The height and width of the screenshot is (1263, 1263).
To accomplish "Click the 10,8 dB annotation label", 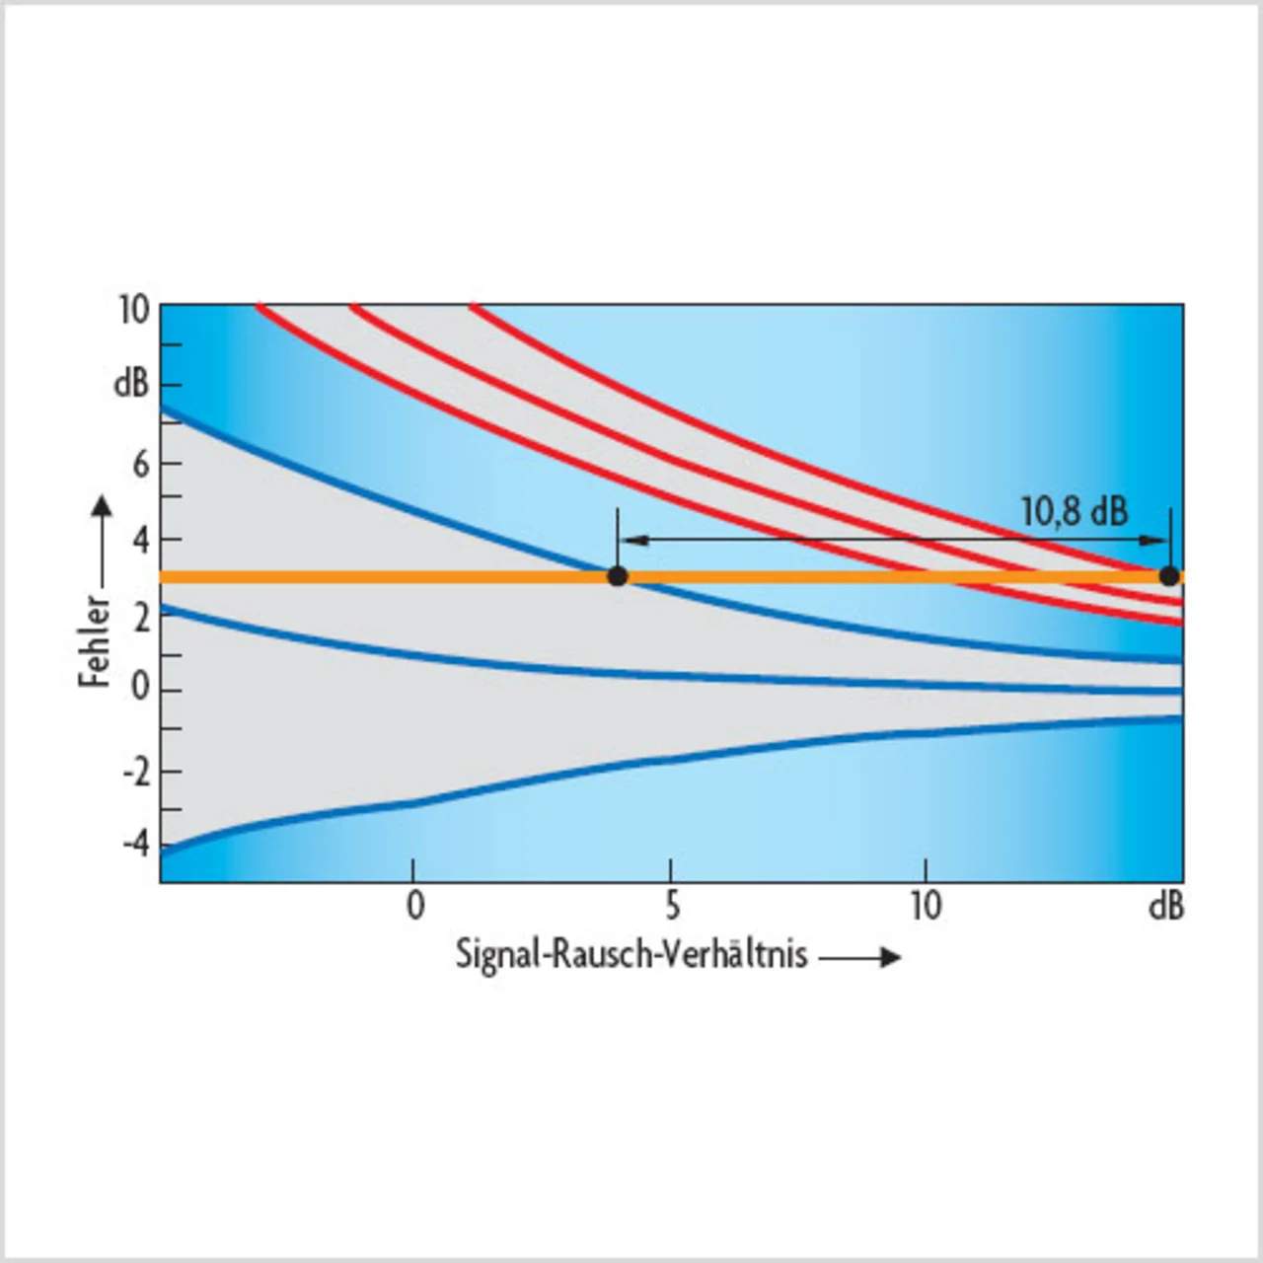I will [x=1074, y=511].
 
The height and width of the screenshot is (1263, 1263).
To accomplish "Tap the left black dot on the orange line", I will [x=618, y=576].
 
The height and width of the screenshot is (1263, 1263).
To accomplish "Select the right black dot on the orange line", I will [x=1169, y=576].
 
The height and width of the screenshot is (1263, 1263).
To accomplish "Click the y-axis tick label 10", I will [x=133, y=311].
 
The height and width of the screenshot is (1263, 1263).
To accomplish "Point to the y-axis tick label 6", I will [x=141, y=464].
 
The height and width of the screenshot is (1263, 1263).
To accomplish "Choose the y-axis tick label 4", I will [x=141, y=541].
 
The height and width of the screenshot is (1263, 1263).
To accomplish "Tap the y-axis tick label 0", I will [x=141, y=687].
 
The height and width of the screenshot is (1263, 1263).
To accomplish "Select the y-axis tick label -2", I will [x=136, y=771].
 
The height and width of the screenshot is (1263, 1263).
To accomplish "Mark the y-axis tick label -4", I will [x=136, y=845].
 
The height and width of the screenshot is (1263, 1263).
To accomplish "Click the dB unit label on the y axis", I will [x=131, y=384].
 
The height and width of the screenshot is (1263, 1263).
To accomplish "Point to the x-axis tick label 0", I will [x=415, y=905].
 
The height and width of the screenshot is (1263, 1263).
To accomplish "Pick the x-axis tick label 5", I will [x=671, y=905].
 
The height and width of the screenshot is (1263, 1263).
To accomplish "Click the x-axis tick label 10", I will [x=926, y=905].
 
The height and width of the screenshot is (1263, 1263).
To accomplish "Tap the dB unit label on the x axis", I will [x=1165, y=906].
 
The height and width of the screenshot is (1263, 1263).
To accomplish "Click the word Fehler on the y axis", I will [x=95, y=640].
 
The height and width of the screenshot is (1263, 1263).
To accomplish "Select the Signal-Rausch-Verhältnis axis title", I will [x=631, y=955].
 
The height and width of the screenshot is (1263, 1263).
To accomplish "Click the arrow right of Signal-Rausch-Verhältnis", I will [x=860, y=957].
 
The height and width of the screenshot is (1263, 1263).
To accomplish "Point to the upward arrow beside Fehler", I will [x=101, y=543].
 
